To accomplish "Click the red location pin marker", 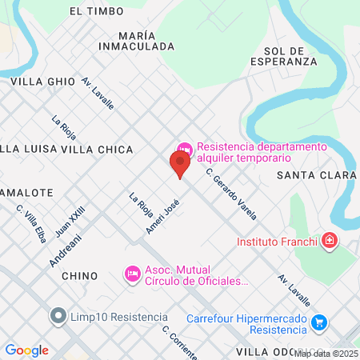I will point(180,164).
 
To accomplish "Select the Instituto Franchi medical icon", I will point(329,241).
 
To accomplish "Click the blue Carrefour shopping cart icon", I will point(319,322).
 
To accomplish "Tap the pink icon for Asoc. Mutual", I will point(133,274).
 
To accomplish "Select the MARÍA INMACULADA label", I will point(135,42).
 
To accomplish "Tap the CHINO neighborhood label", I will point(79,276).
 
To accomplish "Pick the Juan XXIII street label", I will point(70,222).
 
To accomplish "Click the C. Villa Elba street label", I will point(30,222).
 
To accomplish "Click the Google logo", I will point(26,350).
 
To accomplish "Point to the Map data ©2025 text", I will point(326,353).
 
